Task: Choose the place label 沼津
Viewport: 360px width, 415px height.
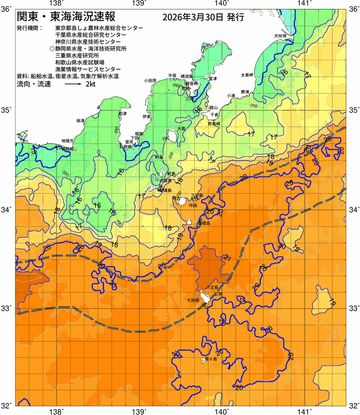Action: pos(122,113)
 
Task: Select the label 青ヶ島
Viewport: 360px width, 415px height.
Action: pos(210,359)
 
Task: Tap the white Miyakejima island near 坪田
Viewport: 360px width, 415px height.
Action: pos(183,201)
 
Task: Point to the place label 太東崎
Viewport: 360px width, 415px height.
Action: pos(246,75)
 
